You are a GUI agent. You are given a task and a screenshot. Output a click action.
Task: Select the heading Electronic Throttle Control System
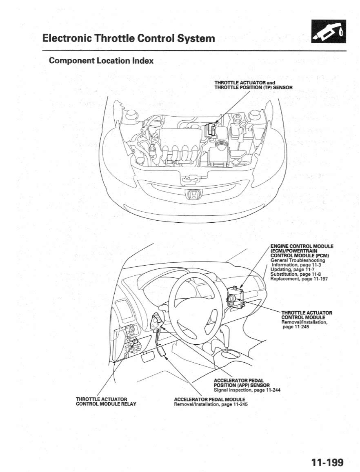coord(129,38)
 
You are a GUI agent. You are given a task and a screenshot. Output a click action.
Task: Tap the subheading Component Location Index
coord(101,61)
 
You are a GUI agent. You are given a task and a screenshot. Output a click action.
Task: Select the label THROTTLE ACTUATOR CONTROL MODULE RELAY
coord(106,401)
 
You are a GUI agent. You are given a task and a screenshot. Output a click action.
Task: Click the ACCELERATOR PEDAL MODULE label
coord(209,399)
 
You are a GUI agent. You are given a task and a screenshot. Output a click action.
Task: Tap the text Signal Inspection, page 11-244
coord(247,390)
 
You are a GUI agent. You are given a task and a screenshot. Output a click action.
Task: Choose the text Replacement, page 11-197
coord(299,279)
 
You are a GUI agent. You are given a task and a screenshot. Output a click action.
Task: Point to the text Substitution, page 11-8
coord(296,274)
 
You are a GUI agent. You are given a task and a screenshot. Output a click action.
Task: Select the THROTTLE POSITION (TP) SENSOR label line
coord(253,87)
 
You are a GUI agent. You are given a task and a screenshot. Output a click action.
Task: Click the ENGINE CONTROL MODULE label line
coord(302,246)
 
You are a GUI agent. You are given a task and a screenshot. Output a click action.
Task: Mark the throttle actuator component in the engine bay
coord(210,129)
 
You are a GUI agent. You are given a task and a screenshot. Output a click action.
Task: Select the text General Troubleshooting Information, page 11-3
coord(298,262)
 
